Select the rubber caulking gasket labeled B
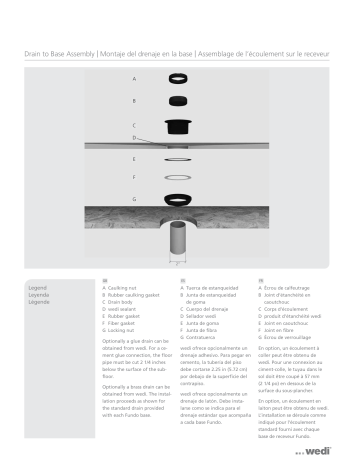(x=179, y=101)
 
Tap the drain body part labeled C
(x=179, y=125)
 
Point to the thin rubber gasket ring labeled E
(x=179, y=158)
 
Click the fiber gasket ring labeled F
(x=179, y=177)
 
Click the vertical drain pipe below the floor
(x=179, y=243)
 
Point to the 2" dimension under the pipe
(x=179, y=269)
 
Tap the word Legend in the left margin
(x=40, y=287)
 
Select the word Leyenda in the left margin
(x=41, y=294)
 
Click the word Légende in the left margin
(x=41, y=302)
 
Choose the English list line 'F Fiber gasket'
(x=124, y=322)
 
